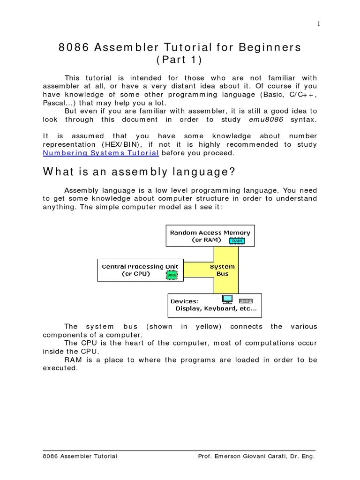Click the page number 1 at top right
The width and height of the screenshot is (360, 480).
tap(319, 24)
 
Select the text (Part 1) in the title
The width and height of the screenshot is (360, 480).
tap(180, 60)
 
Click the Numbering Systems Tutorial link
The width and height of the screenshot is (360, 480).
tap(101, 153)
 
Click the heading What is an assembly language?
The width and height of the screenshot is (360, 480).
tap(139, 172)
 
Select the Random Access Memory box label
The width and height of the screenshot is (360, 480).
tap(210, 232)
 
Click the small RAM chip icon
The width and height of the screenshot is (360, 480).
tap(237, 240)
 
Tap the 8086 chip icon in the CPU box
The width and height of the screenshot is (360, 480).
tap(172, 275)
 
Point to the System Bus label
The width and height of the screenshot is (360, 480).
tap(222, 270)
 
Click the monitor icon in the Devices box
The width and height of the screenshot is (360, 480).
tap(227, 299)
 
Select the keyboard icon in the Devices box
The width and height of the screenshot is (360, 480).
tap(246, 300)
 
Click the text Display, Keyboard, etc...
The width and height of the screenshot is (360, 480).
tap(216, 308)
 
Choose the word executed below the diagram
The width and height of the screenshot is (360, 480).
tap(60, 368)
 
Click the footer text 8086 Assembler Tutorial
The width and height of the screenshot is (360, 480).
tap(80, 456)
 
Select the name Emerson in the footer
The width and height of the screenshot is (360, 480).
tap(227, 456)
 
